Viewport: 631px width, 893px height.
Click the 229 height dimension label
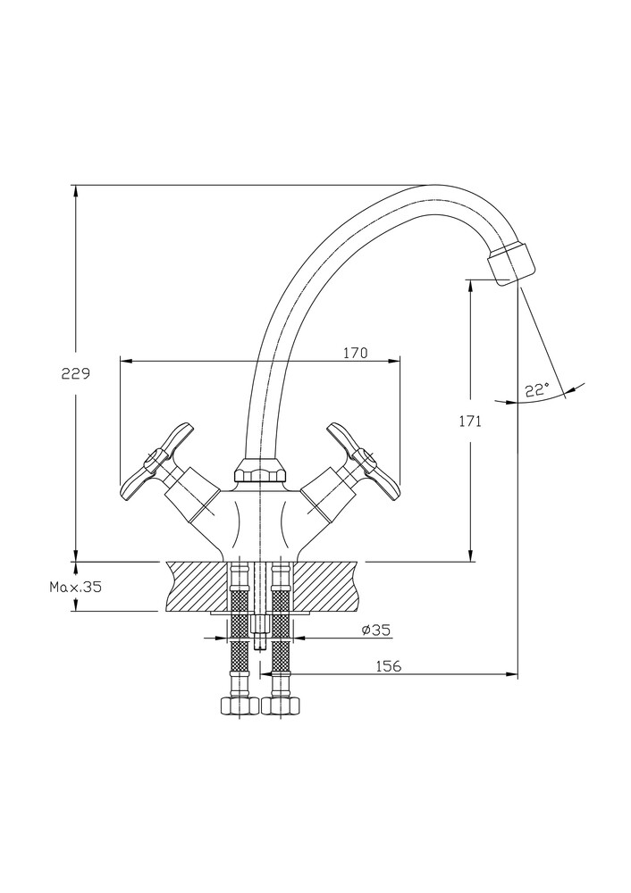75,375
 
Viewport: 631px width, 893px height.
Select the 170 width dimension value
355,353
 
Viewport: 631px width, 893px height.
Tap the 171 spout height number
472,421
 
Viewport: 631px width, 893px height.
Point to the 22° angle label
536,390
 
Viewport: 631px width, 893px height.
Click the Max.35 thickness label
76,587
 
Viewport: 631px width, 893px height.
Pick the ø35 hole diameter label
376,630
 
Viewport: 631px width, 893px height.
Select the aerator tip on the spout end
512,262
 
